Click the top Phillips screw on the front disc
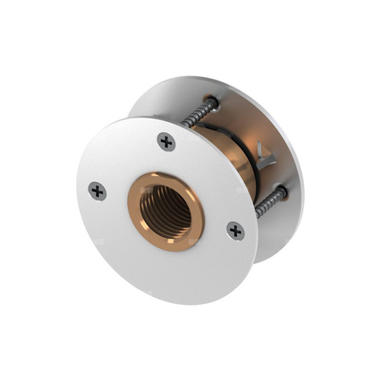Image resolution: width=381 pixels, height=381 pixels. point(166,141)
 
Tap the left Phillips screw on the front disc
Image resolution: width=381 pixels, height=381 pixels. point(97,191)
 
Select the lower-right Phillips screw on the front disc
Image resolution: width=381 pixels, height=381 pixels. point(235,230)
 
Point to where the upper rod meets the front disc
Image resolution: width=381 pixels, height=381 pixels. point(184,124)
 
